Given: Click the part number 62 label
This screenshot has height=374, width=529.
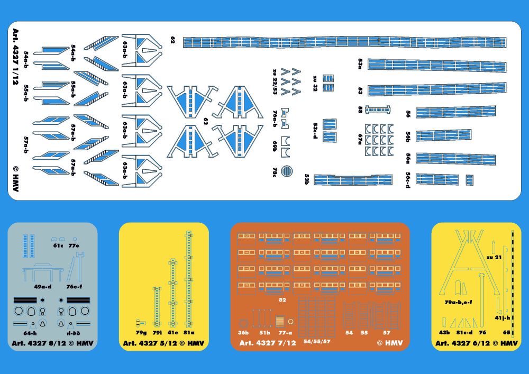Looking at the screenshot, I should (x=172, y=40).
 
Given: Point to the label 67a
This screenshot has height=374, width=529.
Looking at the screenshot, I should (x=360, y=138).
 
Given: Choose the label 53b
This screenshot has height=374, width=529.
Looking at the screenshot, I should (x=306, y=180).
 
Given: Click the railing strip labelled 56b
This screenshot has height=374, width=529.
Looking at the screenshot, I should (x=443, y=135).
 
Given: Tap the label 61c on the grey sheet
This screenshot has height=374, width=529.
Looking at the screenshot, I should (x=58, y=245).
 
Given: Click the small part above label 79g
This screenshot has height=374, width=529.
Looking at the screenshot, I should (x=140, y=322).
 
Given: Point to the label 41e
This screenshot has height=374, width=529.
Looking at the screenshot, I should (x=173, y=333).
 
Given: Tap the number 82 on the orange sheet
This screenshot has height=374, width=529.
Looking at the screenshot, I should (x=282, y=300).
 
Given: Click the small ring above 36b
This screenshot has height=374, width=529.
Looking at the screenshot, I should (x=243, y=323).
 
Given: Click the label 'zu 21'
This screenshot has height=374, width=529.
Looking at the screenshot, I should (x=494, y=257).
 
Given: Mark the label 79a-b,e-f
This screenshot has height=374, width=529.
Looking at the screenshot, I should (x=459, y=303).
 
